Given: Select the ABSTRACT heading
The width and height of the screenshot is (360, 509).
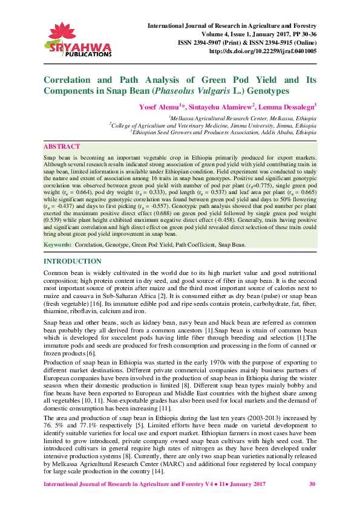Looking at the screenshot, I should pyautogui.click(x=62, y=147).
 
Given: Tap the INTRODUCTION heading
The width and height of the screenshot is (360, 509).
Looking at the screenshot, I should pyautogui.click(x=72, y=261).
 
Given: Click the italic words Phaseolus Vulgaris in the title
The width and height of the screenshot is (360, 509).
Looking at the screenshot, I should pyautogui.click(x=189, y=91).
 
